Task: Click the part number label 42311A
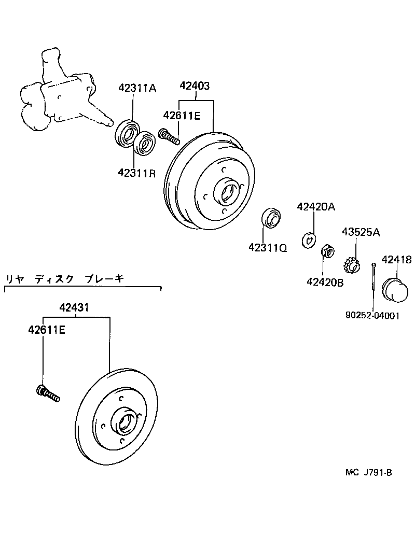(x=136, y=88)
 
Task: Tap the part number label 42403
(x=195, y=86)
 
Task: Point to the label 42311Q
(x=268, y=248)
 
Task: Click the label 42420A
(x=316, y=207)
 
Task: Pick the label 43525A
(x=361, y=232)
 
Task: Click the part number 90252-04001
(x=372, y=315)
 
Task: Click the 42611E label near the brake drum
(x=181, y=115)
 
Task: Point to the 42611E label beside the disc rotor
(x=47, y=329)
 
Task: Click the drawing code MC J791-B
(x=368, y=472)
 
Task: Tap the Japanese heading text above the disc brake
(x=65, y=279)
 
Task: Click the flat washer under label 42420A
(x=309, y=240)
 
